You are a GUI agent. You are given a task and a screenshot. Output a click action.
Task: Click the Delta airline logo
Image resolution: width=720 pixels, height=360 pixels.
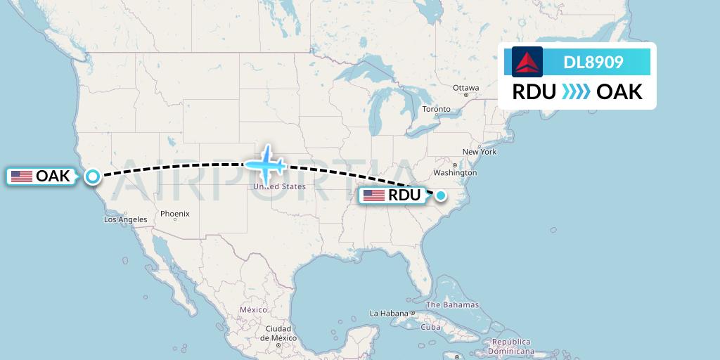coord(527,62)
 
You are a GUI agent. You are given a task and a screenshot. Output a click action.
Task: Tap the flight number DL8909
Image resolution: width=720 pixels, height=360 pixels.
coord(593,63)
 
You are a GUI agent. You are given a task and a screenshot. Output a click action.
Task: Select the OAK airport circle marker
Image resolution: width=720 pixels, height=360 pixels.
coord(92,176)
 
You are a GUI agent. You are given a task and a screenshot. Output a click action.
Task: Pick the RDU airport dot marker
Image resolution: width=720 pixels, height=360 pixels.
coord(441,195)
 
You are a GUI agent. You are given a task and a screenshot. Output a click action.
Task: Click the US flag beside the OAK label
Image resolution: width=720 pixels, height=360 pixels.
coord(22,176)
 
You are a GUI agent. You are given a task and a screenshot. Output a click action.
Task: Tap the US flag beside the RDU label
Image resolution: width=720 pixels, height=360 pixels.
coord(373,195)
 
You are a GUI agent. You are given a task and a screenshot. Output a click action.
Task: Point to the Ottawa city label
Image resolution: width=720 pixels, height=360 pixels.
coord(465,88)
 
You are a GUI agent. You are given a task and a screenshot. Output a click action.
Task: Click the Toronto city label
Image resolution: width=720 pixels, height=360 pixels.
coord(436,110)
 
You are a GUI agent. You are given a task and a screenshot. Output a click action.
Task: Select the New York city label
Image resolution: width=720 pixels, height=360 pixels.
coord(480,152)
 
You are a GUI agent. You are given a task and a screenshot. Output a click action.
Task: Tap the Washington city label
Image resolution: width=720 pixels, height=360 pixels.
coord(456,173)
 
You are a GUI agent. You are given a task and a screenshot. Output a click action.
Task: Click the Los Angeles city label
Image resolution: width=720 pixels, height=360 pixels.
coord(126,219)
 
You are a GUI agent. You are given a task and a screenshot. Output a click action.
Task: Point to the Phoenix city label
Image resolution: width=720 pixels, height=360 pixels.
coord(175,214)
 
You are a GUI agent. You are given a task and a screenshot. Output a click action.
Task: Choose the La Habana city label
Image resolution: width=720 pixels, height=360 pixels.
coord(389,314)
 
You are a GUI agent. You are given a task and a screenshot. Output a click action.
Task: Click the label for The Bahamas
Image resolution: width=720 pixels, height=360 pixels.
coord(452,305)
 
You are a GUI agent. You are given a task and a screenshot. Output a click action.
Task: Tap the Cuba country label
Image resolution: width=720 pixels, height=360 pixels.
coord(430,327)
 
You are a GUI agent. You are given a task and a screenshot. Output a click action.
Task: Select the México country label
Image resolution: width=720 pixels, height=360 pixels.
coord(253,310)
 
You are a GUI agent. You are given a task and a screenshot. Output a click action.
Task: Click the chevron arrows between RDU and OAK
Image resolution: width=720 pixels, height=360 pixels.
coord(576,92)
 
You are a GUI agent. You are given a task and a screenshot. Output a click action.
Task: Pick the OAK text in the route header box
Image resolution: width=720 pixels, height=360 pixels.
coord(619,92)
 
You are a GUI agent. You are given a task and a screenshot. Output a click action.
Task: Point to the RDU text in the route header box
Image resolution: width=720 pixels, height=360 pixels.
coord(534,92)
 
